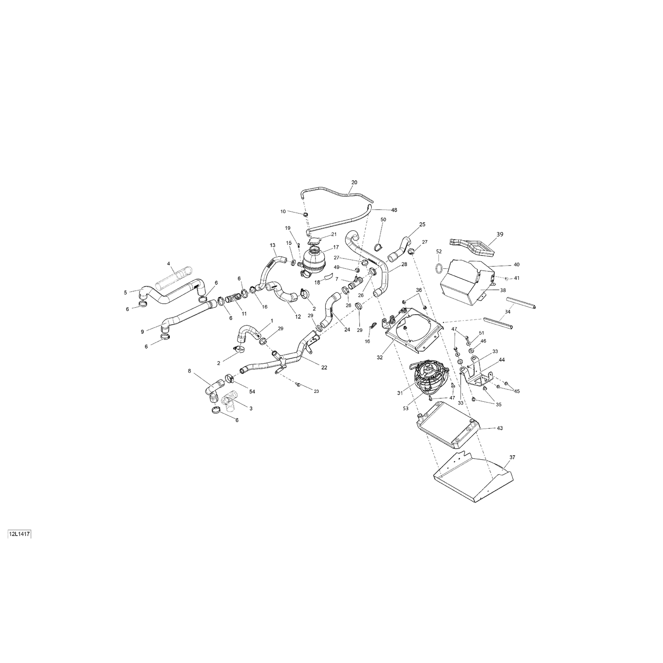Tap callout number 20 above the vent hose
pyautogui.click(x=354, y=182)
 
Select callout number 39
pyautogui.click(x=499, y=234)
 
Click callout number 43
pyautogui.click(x=499, y=428)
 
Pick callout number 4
pyautogui.click(x=168, y=264)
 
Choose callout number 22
pyautogui.click(x=324, y=368)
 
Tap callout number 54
pyautogui.click(x=252, y=392)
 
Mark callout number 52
pyautogui.click(x=439, y=251)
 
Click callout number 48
pyautogui.click(x=394, y=210)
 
